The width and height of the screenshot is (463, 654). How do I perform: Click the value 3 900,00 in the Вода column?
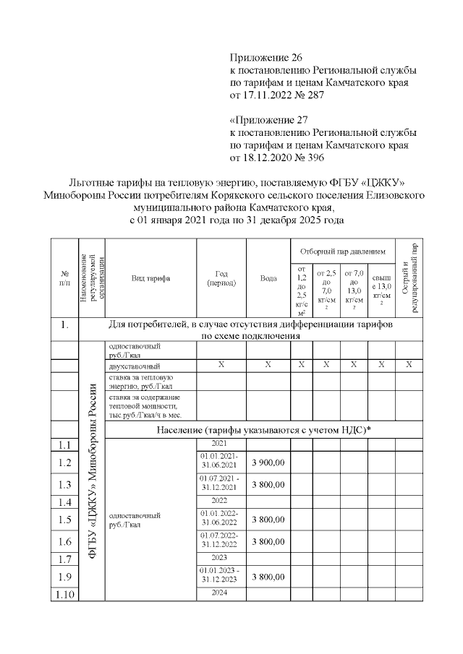point(268,462)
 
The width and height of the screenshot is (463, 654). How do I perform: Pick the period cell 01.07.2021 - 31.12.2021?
point(221,484)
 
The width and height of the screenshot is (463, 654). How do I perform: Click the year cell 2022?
point(221,500)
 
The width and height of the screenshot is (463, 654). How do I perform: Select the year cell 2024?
point(221,593)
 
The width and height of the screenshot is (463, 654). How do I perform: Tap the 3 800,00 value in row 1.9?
point(268,577)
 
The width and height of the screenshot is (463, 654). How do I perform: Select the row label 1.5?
point(64,519)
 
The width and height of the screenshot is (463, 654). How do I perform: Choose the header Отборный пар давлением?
point(343,250)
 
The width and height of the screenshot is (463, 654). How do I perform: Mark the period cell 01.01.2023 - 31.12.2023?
point(221,577)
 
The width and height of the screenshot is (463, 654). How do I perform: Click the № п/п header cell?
point(64,277)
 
